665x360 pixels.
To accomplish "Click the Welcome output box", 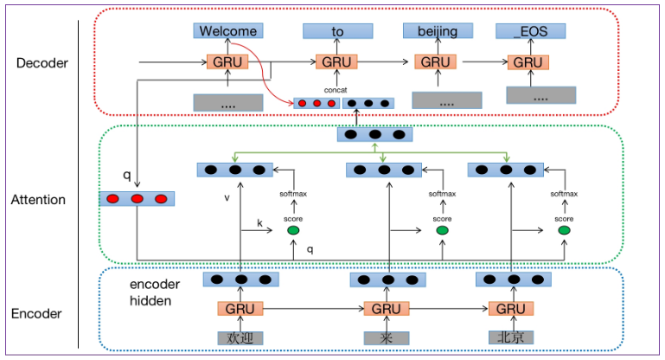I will click(x=227, y=32).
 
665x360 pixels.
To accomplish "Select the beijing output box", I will click(x=436, y=32).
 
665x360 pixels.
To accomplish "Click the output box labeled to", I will click(x=336, y=32).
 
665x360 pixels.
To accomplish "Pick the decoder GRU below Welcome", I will click(x=228, y=62).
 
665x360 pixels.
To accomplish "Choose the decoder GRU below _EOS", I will click(x=528, y=62).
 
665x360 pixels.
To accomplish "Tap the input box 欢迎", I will click(x=240, y=337).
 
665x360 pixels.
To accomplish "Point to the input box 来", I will click(x=385, y=337).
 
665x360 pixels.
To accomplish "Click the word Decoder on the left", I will click(x=42, y=63).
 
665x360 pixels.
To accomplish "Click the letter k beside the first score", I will click(x=259, y=223).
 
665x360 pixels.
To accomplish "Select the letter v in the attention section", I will click(x=227, y=196).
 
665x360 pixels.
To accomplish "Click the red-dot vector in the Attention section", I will click(x=137, y=199).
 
